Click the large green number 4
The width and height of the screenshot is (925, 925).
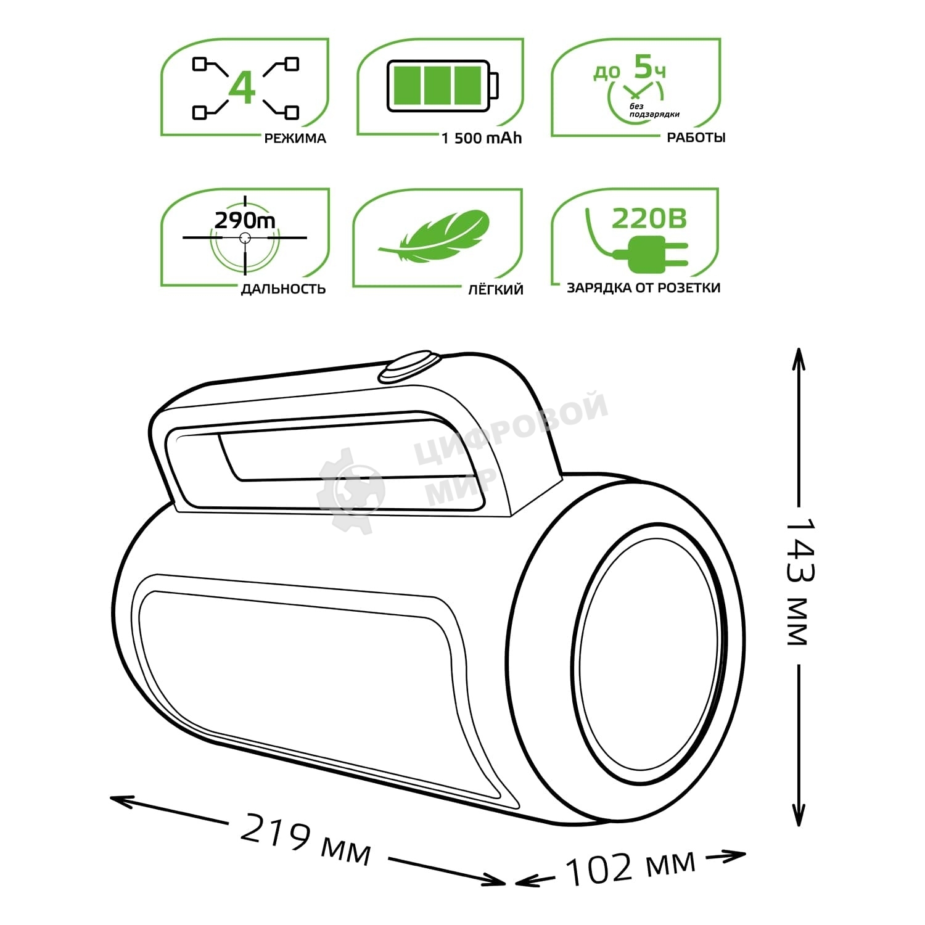click(242, 88)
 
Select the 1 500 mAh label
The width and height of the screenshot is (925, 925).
click(481, 138)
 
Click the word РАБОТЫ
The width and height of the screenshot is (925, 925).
click(696, 138)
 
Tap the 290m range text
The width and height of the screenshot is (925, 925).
click(245, 220)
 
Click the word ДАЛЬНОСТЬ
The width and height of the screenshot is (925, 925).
click(283, 289)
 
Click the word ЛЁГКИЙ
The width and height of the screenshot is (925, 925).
click(495, 289)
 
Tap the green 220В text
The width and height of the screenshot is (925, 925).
click(649, 218)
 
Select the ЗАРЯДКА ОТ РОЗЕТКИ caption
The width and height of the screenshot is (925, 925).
click(643, 288)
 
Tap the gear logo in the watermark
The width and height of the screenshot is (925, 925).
click(350, 490)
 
